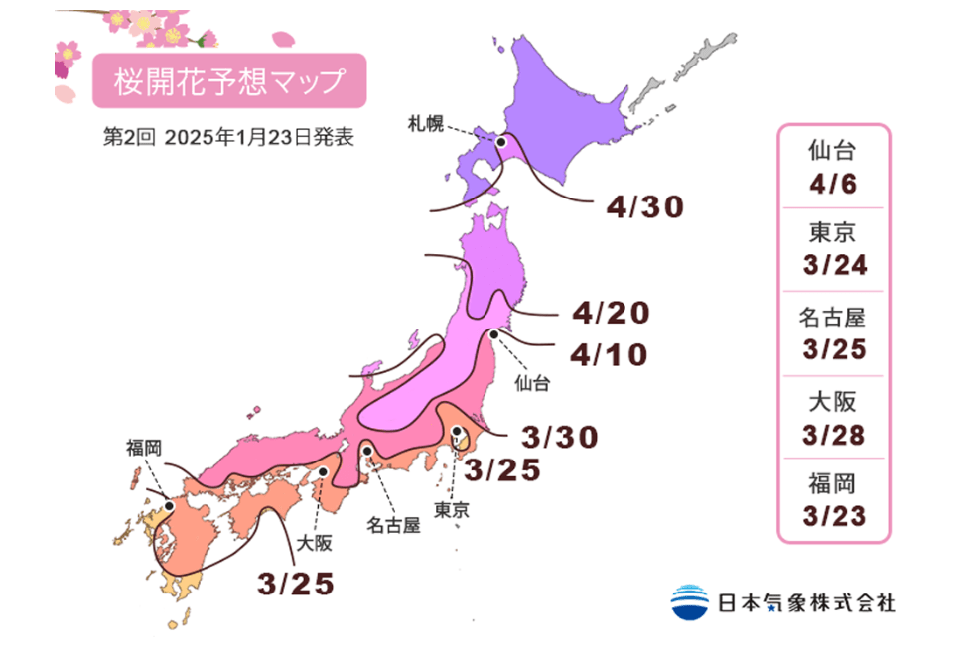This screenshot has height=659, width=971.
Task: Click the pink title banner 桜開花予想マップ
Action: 229,81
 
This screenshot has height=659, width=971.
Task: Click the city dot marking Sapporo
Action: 501,143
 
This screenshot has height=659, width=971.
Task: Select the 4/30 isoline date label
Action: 645,206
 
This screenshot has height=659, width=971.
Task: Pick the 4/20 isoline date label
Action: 611,314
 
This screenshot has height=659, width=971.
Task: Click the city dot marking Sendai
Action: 493,335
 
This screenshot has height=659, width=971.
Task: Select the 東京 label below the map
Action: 452,510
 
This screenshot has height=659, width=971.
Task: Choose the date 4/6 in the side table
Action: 832,183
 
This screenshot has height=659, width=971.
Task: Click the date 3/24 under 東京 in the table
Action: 832,266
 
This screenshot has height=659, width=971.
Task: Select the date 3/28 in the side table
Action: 832,435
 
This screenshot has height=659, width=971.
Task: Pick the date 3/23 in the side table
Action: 832,516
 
